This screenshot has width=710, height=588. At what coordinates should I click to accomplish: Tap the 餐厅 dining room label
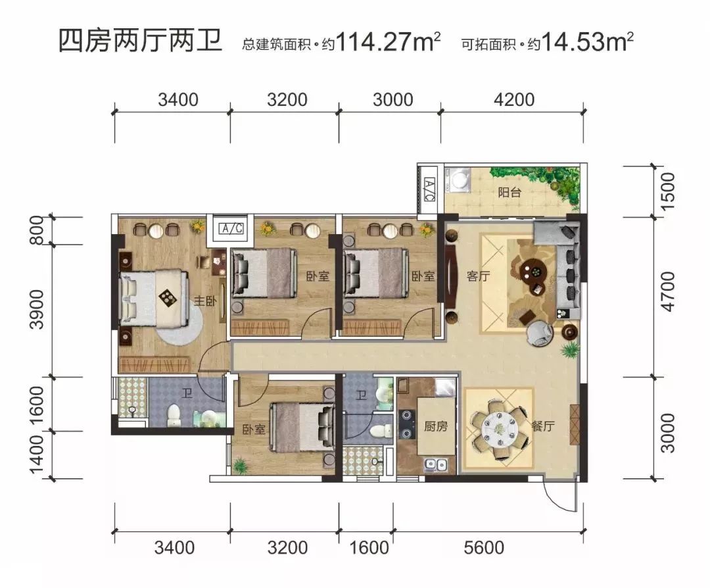[543, 426]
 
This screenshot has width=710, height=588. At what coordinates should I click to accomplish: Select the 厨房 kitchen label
[435, 426]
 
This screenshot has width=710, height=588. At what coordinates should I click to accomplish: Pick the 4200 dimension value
[511, 99]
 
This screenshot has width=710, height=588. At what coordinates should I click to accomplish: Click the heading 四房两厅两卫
[140, 42]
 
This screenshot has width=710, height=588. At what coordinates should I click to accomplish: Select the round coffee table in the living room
[532, 270]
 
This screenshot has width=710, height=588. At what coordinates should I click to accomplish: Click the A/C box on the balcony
[429, 191]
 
